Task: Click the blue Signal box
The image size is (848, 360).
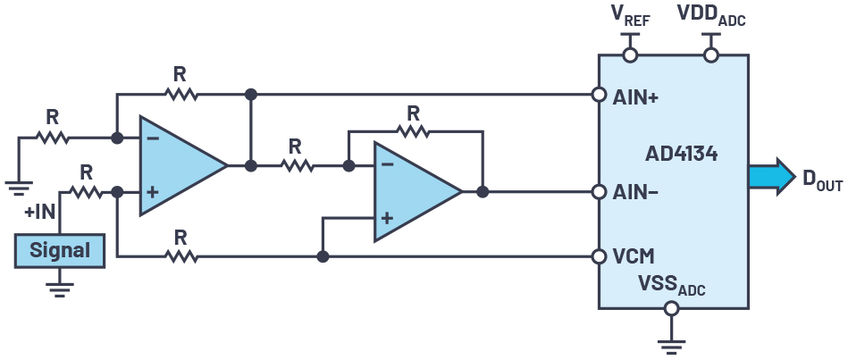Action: click(59, 250)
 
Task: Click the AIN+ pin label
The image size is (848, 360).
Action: click(635, 97)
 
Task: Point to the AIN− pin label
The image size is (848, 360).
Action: click(635, 192)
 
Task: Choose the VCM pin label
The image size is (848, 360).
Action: click(634, 257)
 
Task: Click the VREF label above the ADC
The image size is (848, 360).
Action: click(630, 15)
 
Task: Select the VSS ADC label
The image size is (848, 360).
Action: click(669, 285)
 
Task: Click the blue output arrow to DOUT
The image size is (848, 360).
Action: click(770, 176)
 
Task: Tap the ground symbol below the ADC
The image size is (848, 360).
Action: click(671, 344)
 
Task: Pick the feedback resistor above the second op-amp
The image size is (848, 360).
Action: click(412, 131)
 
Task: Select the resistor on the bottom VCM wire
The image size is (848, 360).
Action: click(181, 256)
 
